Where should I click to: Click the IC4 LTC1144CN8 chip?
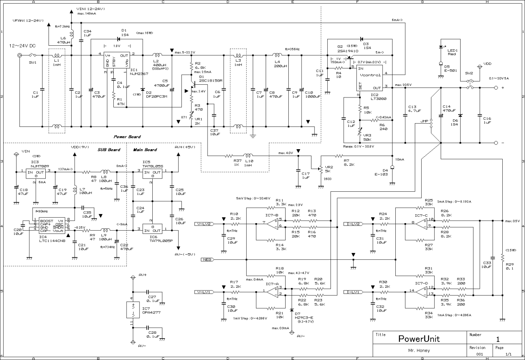point(51,225)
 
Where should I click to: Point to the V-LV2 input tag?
point(207,224)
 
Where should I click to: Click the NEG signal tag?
point(207,259)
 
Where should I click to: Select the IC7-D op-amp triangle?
point(421,293)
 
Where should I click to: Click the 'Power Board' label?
point(127,137)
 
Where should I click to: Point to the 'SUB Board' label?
point(109,150)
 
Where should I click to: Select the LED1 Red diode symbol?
point(441,47)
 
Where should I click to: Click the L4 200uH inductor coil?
point(277,55)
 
